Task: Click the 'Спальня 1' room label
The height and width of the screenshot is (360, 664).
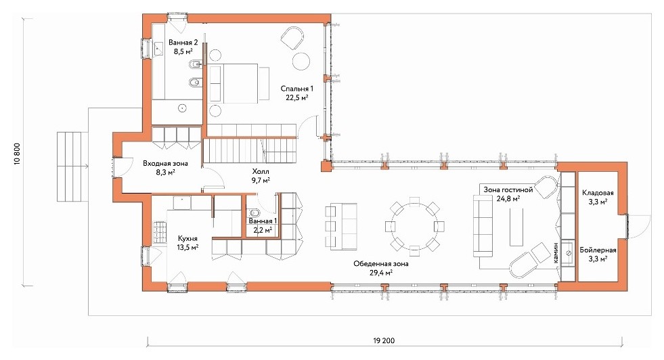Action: [x=297, y=89]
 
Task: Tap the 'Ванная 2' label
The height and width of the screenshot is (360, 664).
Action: [x=183, y=43]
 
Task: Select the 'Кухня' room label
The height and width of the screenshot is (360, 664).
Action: [x=187, y=239]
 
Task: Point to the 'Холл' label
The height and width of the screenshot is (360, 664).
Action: [x=261, y=171]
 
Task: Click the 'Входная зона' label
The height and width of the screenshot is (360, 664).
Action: [x=165, y=163]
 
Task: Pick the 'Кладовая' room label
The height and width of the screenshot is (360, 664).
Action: [x=598, y=193]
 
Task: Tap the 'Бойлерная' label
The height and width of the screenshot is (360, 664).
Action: [x=598, y=250]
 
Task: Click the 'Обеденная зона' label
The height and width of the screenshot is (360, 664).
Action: [x=381, y=263]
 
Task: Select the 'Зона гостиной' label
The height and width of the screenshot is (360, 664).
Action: [x=508, y=189]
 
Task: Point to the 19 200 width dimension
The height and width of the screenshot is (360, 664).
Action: [x=384, y=340]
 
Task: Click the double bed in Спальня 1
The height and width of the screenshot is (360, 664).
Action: [x=233, y=83]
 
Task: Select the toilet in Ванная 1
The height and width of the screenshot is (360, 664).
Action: [x=254, y=213]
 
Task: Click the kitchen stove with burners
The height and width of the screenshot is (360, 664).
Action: [x=160, y=232]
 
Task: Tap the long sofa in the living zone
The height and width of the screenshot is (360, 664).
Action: [x=480, y=225]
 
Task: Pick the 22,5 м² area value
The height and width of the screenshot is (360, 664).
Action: [x=297, y=97]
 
